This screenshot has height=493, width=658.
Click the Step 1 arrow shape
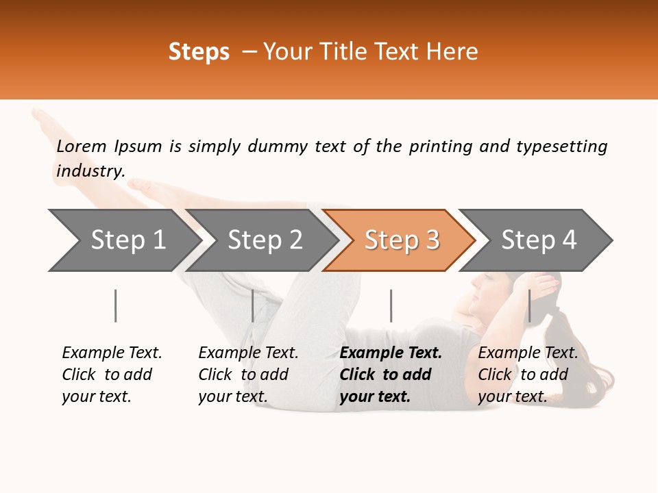(x=123, y=240)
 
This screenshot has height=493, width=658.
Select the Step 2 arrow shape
(x=260, y=240)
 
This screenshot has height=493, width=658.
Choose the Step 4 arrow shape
(x=537, y=240)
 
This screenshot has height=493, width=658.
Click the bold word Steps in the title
(x=199, y=52)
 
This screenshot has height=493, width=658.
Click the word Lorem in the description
(x=82, y=147)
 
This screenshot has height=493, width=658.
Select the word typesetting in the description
(x=561, y=147)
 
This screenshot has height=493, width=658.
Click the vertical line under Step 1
(x=115, y=305)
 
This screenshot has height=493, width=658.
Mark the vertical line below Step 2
(x=253, y=305)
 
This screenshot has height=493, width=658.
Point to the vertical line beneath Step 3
(x=391, y=305)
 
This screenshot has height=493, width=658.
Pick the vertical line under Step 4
(x=529, y=305)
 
